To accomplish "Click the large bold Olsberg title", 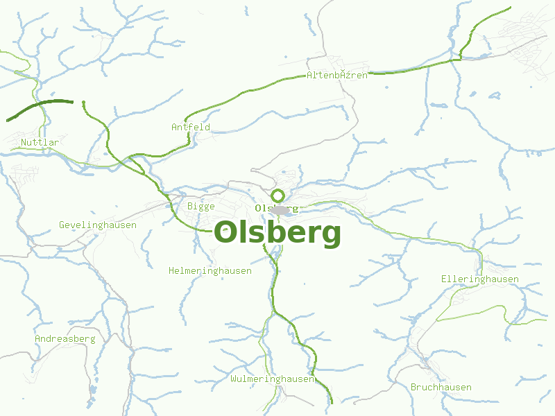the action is click(x=277, y=233).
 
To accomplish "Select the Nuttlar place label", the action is click(x=40, y=142).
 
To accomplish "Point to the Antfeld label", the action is click(x=191, y=127).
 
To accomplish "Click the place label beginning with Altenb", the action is click(x=337, y=75).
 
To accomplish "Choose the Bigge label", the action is click(x=201, y=206).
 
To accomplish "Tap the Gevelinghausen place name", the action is click(x=98, y=225).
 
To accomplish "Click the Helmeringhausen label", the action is click(x=210, y=270).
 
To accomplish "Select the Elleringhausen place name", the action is click(x=480, y=279).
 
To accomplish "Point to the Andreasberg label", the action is click(x=65, y=338).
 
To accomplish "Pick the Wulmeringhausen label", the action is click(x=273, y=379).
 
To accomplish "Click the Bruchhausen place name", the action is click(x=441, y=387).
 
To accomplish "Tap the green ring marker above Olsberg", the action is click(x=277, y=195).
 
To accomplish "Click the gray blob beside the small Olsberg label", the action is click(x=281, y=209).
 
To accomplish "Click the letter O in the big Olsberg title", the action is click(x=227, y=232).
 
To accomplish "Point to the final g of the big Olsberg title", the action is click(x=331, y=236).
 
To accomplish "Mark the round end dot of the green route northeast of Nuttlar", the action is click(x=83, y=103).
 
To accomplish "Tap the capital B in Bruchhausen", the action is click(x=413, y=387).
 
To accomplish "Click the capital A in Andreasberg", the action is click(x=37, y=338).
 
